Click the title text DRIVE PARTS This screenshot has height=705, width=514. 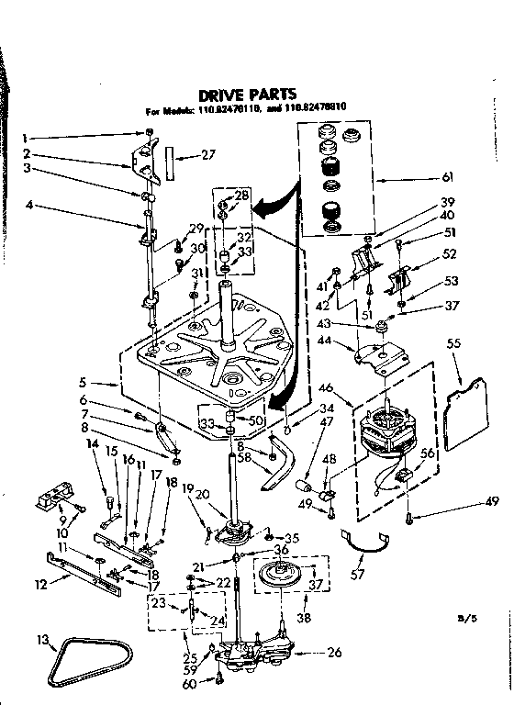[x=248, y=94]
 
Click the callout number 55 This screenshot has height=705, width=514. [x=453, y=344]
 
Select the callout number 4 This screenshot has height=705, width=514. [x=28, y=205]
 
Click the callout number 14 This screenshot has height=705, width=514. [x=92, y=445]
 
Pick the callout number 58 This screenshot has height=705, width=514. [x=243, y=456]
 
